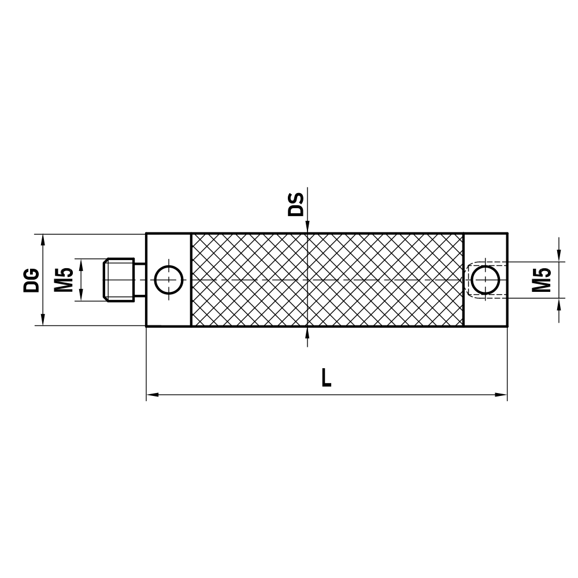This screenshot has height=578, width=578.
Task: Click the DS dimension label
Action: click(296, 205)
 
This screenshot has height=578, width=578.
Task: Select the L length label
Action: click(327, 377)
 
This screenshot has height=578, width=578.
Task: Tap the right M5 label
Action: click(541, 280)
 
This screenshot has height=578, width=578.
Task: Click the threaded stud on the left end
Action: click(118, 280)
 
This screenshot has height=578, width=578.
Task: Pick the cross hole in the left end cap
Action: click(168, 280)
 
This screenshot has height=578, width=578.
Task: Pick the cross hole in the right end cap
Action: click(486, 280)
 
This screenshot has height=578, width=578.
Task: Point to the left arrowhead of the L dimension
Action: click(152, 395)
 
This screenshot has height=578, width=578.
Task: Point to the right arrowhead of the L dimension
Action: click(501, 395)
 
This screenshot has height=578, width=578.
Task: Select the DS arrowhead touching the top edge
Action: click(308, 228)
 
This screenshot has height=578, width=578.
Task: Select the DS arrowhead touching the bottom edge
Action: click(308, 331)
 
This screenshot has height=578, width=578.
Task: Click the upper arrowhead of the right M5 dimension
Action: click(558, 257)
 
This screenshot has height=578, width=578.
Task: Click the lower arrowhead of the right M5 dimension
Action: click(558, 303)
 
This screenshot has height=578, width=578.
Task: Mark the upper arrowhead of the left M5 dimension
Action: click(81, 264)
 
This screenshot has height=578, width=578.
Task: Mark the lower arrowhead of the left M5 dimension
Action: click(81, 296)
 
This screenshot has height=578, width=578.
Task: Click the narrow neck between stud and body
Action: click(140, 280)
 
